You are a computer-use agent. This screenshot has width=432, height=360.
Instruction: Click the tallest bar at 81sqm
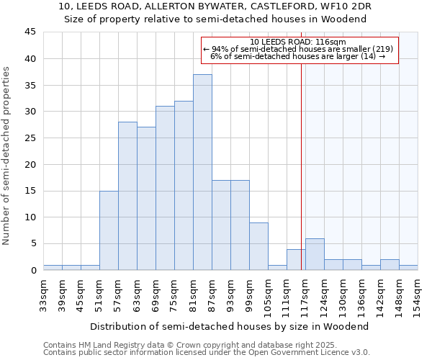[x=202, y=172]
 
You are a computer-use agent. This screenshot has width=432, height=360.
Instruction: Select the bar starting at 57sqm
[x=127, y=196]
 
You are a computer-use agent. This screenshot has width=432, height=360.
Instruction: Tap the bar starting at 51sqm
[x=109, y=230]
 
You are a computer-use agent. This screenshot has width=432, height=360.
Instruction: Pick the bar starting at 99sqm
[x=258, y=246]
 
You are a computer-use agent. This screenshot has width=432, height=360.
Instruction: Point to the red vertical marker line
[x=301, y=166]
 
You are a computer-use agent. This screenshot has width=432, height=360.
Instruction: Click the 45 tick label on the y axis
[x=30, y=32]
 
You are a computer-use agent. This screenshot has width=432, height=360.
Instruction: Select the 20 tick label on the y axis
[x=30, y=164]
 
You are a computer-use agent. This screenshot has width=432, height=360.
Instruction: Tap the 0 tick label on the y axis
[x=33, y=270]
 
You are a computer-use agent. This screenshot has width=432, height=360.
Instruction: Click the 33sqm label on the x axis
[x=44, y=293]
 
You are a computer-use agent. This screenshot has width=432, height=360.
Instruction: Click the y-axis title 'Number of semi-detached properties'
[x=7, y=156]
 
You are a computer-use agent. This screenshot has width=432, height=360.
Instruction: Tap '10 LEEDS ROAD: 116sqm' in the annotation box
[x=299, y=42]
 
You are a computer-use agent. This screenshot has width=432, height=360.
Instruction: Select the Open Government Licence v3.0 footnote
[x=207, y=353]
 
